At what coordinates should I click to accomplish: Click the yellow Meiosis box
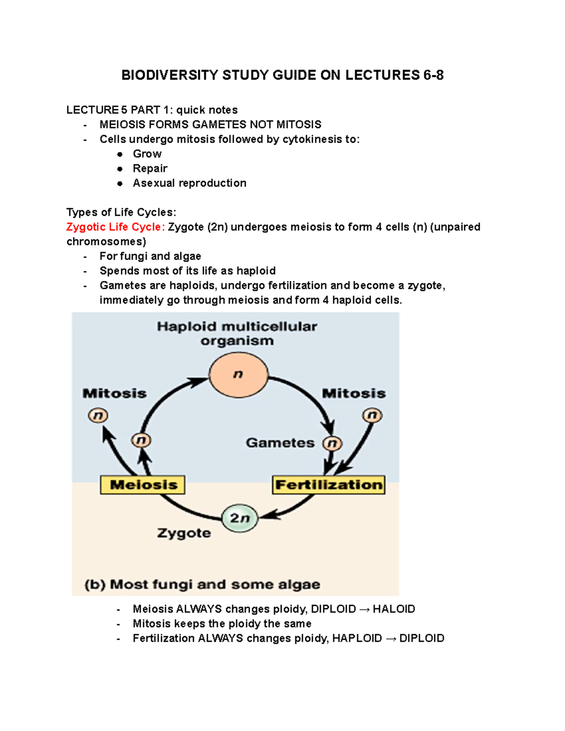[x=143, y=484]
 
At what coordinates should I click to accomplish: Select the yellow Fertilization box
[x=329, y=485]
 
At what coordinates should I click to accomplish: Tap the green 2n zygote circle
[x=240, y=518]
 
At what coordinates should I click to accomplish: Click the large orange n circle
[x=239, y=375]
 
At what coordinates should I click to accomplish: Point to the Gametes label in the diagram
[x=280, y=443]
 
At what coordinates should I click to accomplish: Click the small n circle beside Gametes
[x=332, y=443]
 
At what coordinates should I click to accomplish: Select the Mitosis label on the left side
[x=114, y=394]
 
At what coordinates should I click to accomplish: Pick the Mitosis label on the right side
[x=354, y=394]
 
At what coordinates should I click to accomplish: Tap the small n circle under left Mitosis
[x=98, y=416]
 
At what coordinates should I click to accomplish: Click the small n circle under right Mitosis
[x=372, y=415]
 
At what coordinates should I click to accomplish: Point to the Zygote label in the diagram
[x=184, y=533]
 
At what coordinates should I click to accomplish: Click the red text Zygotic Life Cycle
[x=115, y=227]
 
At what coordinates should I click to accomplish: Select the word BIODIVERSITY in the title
[x=169, y=75]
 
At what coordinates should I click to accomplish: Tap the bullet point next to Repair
[x=120, y=169]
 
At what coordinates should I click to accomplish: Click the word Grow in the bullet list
[x=147, y=154]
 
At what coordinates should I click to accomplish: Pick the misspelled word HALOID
[x=394, y=609]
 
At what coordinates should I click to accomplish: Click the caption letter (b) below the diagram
[x=95, y=585]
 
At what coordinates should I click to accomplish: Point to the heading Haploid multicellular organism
[x=237, y=333]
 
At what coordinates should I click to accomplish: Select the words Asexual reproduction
[x=189, y=183]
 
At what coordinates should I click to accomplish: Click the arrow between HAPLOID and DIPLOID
[x=390, y=639]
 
